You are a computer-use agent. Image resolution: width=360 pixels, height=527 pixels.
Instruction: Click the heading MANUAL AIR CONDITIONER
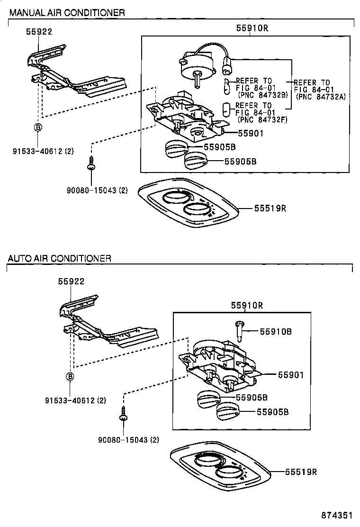pyautogui.click(x=67, y=13)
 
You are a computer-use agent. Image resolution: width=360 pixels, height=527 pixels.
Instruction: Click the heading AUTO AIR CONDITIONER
pyautogui.click(x=59, y=258)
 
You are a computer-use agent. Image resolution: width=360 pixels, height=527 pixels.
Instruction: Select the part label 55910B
pyautogui.click(x=275, y=332)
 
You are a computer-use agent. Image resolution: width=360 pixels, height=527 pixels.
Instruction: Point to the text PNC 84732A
pyautogui.click(x=321, y=96)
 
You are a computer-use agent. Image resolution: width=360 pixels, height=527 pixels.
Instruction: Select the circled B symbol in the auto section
pyautogui.click(x=70, y=377)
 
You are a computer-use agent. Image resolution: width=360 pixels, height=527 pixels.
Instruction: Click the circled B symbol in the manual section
pyautogui.click(x=37, y=127)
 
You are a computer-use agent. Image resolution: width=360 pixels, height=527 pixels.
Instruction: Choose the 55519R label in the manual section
pyautogui.click(x=270, y=208)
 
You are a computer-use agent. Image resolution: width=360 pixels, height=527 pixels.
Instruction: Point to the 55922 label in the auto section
pyautogui.click(x=71, y=281)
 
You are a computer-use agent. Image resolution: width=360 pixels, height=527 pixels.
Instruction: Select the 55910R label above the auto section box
pyautogui.click(x=247, y=306)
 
